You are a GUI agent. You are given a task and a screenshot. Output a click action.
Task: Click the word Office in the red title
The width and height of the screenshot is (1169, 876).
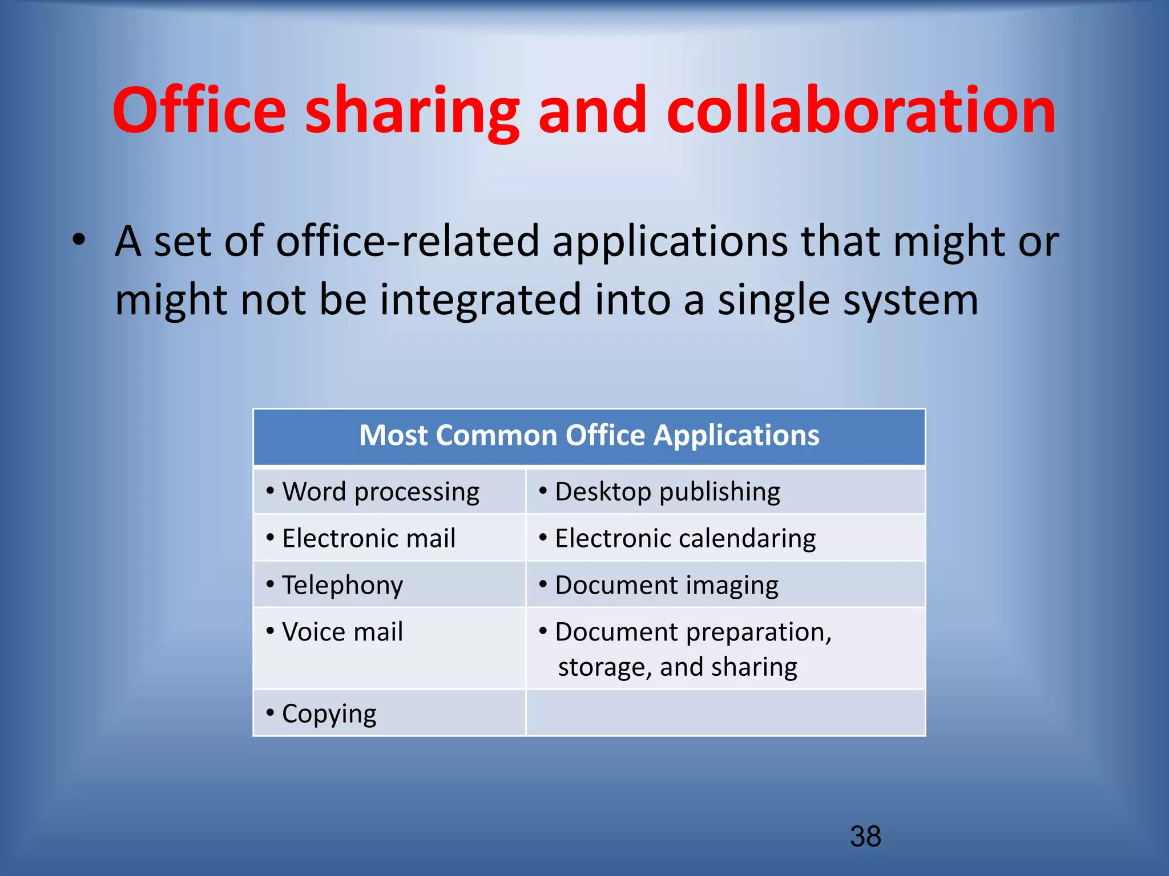click(x=199, y=111)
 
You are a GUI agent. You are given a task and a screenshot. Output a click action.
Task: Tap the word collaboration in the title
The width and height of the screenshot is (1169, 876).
click(x=861, y=111)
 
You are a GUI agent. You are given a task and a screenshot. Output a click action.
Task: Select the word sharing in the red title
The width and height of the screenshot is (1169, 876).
click(x=412, y=111)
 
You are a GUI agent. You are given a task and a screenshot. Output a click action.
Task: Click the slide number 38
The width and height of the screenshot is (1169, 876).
click(x=865, y=837)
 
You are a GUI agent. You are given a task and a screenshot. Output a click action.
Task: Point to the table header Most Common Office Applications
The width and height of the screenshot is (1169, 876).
click(x=589, y=436)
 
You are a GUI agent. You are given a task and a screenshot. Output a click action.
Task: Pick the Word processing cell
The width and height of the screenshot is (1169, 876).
click(x=381, y=492)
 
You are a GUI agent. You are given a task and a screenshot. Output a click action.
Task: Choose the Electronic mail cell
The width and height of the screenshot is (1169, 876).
click(x=369, y=538)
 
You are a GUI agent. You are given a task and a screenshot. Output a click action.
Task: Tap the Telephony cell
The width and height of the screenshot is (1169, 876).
click(x=342, y=585)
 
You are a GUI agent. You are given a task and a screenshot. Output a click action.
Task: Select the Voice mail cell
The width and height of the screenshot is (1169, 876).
click(x=342, y=632)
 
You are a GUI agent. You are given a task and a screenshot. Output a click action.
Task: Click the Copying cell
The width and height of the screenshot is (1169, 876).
click(x=329, y=713)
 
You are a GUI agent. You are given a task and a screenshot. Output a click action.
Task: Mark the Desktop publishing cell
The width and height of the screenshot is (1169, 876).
click(x=667, y=492)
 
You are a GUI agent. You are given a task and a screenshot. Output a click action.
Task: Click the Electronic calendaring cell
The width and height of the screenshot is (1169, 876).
click(x=685, y=538)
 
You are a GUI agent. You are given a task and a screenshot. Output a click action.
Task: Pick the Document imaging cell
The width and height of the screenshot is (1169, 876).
click(x=667, y=585)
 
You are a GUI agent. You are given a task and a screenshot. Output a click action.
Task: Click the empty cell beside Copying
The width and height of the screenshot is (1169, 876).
click(x=725, y=713)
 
